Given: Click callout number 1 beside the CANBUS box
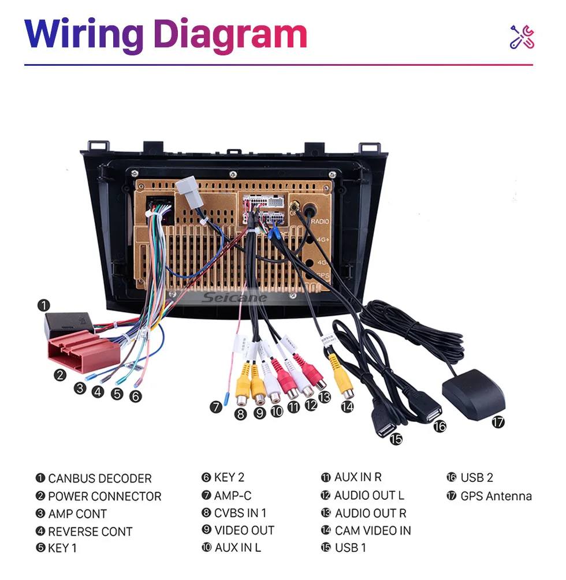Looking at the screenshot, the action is click(44, 305).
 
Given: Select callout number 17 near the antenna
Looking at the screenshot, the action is click(498, 422).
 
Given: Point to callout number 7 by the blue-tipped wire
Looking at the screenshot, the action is click(216, 407).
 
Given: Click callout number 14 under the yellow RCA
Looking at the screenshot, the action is click(347, 406).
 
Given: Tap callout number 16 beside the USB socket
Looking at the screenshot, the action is click(440, 426).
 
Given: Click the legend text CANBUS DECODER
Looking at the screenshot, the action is click(99, 478).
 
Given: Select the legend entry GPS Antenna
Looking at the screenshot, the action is click(496, 496).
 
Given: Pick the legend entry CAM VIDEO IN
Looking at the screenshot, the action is click(373, 530).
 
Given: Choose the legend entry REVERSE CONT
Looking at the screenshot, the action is click(90, 532).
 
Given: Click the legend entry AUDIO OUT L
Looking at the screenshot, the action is click(369, 495).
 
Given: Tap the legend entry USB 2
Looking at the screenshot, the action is click(476, 478).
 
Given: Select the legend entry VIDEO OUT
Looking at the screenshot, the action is click(244, 530).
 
